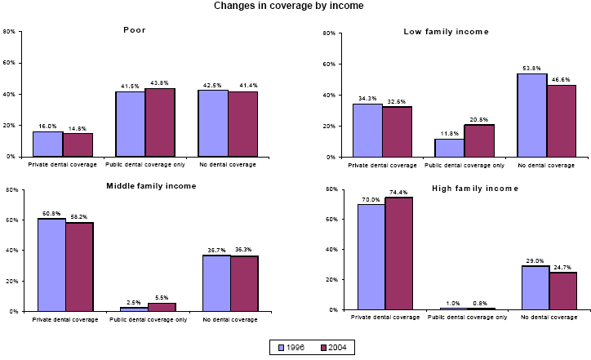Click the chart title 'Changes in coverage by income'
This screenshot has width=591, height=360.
tap(289, 6)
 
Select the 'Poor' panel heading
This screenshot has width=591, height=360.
tap(135, 30)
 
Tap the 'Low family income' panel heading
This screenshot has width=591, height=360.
tap(446, 32)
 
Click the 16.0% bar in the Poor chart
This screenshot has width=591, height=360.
tap(47, 144)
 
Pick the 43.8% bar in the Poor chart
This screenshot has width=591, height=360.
tap(160, 122)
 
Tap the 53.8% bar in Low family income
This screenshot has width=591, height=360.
tap(531, 115)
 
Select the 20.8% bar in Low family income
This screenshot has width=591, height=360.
tap(479, 140)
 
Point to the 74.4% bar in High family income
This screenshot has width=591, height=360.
tap(402, 254)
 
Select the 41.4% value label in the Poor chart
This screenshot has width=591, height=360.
tap(242, 86)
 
